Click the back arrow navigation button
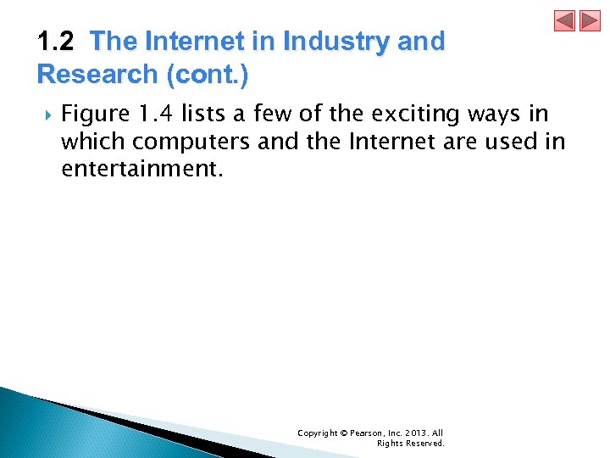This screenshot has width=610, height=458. tap(564, 21)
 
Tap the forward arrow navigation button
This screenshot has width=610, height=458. tap(590, 21)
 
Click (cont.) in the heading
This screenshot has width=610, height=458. tap(208, 75)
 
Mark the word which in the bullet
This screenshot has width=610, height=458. tap(89, 142)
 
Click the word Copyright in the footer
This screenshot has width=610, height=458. tap(317, 433)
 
